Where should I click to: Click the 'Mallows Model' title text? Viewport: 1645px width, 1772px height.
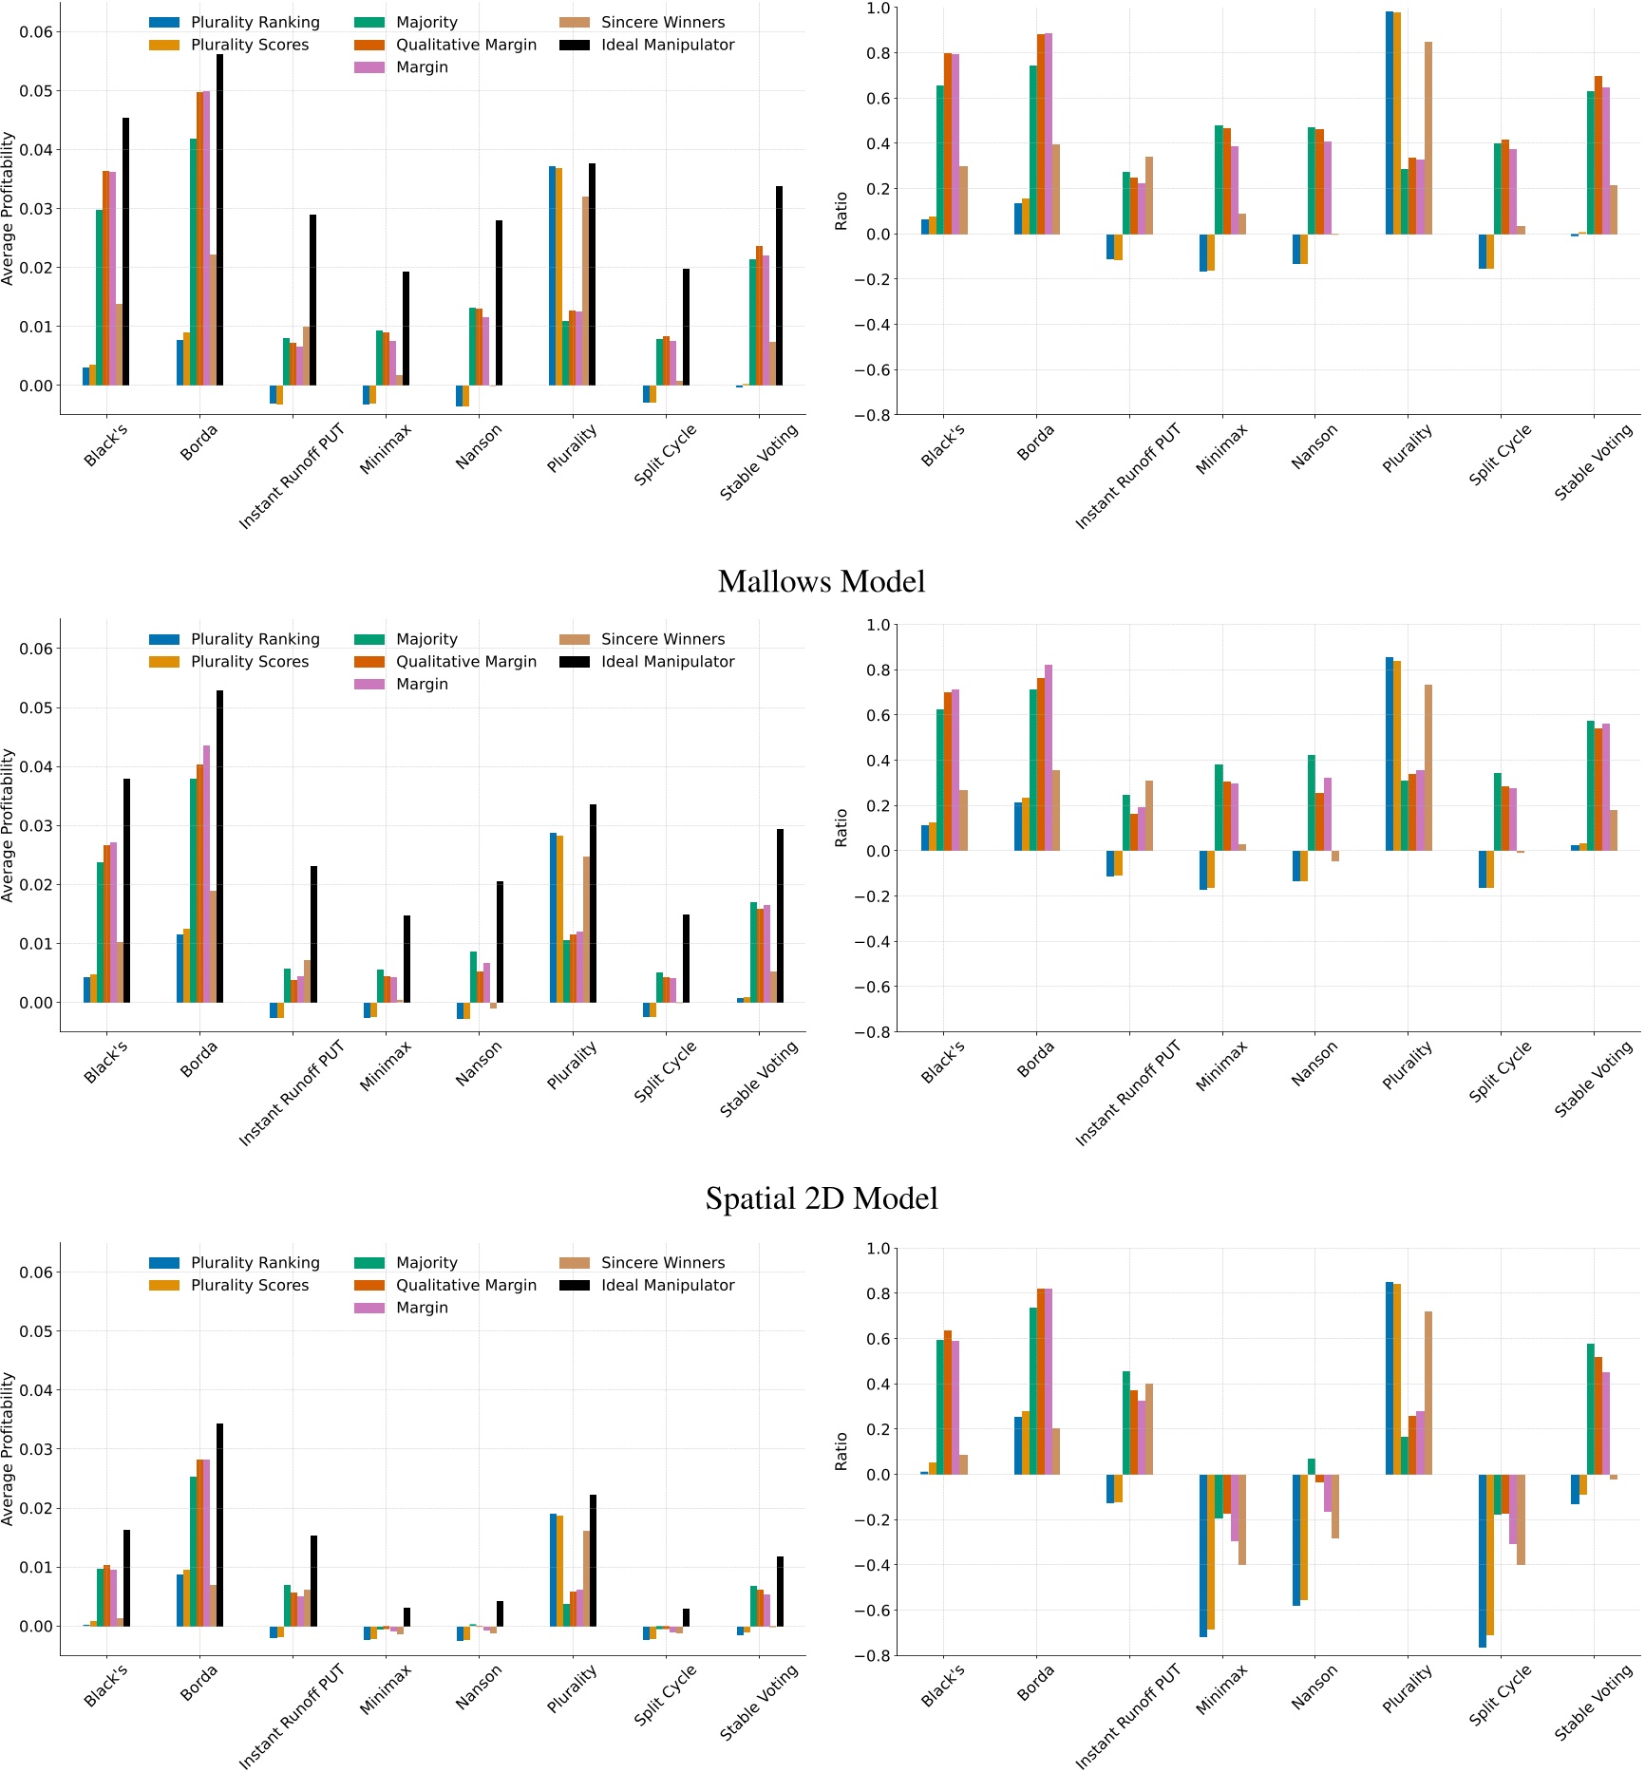[821, 581]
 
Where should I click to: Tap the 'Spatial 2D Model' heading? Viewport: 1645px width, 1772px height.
[821, 1198]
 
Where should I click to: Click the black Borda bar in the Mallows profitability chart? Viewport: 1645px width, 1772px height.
[220, 845]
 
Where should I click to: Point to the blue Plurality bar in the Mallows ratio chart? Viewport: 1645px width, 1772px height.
[1389, 754]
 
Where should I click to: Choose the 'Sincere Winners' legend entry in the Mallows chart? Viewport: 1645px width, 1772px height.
[662, 639]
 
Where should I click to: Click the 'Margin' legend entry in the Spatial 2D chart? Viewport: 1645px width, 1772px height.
[422, 1308]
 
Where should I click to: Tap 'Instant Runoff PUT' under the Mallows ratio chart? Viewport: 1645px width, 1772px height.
[1127, 1093]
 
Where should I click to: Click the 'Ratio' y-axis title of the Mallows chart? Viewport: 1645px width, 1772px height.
[841, 828]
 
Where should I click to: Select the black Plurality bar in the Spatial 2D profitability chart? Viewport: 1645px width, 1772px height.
[593, 1560]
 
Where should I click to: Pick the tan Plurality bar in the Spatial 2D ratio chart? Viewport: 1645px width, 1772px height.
[1428, 1392]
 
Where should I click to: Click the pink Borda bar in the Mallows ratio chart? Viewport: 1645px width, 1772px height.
[1049, 758]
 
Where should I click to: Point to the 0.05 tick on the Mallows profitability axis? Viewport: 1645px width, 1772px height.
[36, 707]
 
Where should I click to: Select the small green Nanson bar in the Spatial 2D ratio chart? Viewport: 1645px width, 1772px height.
[1311, 1466]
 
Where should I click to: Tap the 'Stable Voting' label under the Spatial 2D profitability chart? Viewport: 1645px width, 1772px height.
[758, 1703]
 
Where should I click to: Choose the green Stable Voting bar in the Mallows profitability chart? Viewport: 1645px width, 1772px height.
[753, 952]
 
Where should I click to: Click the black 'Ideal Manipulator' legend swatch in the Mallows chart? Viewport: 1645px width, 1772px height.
[574, 662]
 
